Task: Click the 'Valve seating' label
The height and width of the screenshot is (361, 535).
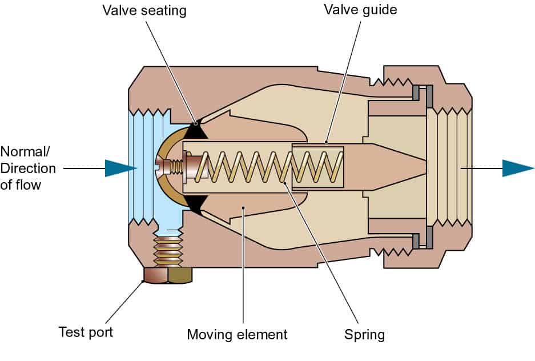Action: pyautogui.click(x=144, y=10)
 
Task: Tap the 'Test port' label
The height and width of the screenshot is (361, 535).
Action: pyautogui.click(x=86, y=332)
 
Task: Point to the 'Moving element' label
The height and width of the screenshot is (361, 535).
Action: pyautogui.click(x=237, y=334)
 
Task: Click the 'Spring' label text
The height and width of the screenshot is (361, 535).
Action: pyautogui.click(x=364, y=334)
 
